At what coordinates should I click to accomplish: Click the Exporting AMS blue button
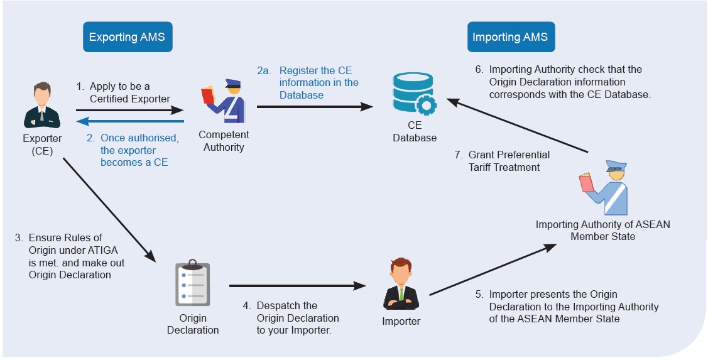click(128, 36)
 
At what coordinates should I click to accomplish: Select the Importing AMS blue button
click(511, 36)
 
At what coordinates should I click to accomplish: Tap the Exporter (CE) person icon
click(42, 105)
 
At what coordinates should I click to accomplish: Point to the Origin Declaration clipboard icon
click(192, 283)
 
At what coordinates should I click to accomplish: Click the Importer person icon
click(401, 283)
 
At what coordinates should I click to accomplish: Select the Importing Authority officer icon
click(603, 187)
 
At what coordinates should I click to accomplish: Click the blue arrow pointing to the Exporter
click(131, 121)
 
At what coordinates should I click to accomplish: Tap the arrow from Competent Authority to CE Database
click(315, 107)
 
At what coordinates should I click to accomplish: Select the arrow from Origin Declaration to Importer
click(298, 285)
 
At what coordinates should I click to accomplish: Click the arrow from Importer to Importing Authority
click(493, 270)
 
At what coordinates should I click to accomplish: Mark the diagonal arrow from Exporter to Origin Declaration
click(109, 210)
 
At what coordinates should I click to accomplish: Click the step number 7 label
click(459, 155)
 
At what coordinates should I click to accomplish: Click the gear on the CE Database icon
click(425, 104)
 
